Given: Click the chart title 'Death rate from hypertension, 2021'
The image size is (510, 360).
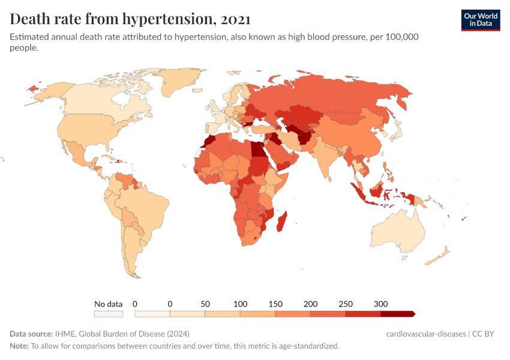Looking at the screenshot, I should [130, 19].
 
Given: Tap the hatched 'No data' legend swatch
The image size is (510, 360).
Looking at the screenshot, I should [109, 314].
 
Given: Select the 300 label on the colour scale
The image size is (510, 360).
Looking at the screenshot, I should [380, 304].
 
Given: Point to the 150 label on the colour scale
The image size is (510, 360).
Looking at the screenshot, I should [275, 304].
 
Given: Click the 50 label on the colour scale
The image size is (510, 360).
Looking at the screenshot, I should [205, 304].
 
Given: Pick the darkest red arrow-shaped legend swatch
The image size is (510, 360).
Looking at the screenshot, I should [398, 314].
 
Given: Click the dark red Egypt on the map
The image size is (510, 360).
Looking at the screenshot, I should [257, 149].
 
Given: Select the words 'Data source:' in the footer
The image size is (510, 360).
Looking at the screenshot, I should [31, 334].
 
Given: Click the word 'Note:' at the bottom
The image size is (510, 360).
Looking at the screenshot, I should [19, 346].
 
